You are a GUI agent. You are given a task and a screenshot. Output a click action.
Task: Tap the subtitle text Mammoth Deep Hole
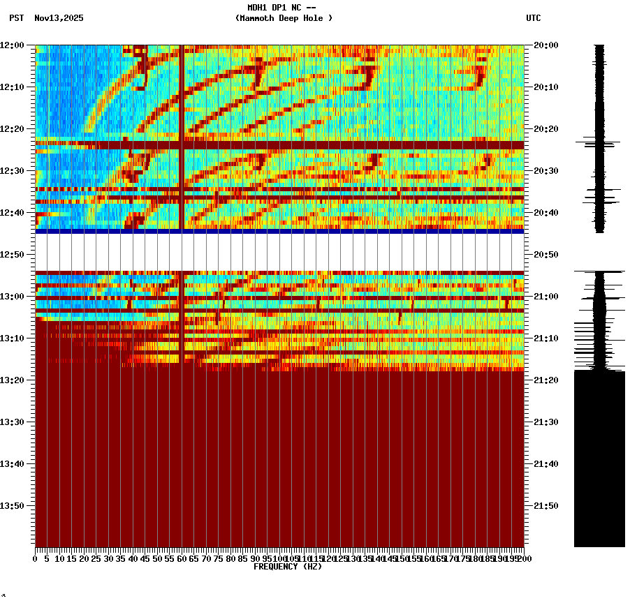click(x=284, y=18)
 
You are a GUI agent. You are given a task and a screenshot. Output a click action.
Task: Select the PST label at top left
click(x=16, y=18)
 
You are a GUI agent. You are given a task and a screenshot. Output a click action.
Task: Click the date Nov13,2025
click(x=59, y=18)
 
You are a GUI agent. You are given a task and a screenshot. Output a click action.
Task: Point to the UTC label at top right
click(x=533, y=18)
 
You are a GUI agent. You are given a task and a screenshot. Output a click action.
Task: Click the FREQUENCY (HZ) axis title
click(x=287, y=567)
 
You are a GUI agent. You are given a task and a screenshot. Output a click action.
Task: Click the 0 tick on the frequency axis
click(x=36, y=559)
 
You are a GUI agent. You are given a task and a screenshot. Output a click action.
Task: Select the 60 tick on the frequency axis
click(x=182, y=559)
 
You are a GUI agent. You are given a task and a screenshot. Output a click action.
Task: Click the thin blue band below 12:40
click(x=279, y=231)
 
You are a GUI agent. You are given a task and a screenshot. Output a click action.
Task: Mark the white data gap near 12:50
click(x=279, y=252)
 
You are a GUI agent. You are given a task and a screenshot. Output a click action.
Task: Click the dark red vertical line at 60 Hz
click(x=182, y=105)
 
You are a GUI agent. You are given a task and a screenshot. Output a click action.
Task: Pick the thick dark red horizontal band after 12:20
click(x=279, y=145)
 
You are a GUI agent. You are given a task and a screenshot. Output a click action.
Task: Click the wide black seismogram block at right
click(x=599, y=458)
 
